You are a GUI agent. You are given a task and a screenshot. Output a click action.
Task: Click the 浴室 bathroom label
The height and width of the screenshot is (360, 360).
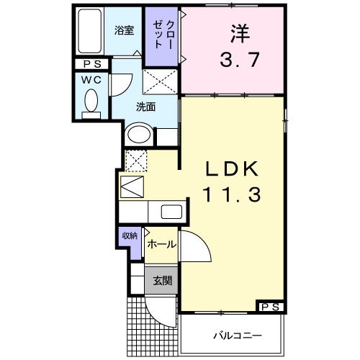tap(125, 30)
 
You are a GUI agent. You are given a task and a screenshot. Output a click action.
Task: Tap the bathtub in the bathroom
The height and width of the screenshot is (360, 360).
tap(91, 33)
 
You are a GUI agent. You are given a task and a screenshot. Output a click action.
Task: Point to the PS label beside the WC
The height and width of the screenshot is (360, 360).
tap(91, 64)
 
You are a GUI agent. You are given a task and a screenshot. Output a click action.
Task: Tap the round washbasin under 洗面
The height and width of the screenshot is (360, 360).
tap(139, 135)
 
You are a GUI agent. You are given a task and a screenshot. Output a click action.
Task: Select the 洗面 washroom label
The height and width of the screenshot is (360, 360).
tap(146, 108)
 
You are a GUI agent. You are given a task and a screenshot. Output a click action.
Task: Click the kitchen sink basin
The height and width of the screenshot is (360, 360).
tap(171, 212)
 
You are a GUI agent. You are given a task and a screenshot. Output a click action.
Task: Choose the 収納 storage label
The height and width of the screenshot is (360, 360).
tap(129, 236)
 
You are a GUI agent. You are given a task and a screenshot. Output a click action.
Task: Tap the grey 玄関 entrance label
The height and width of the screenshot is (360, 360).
tap(161, 280)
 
